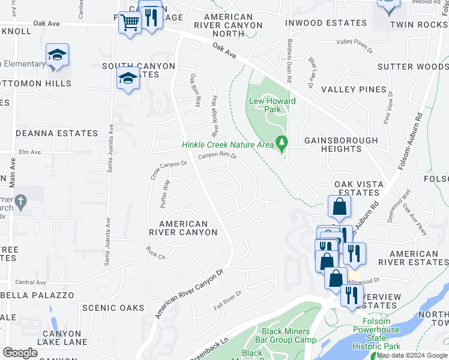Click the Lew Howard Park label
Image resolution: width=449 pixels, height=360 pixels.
(x=273, y=106)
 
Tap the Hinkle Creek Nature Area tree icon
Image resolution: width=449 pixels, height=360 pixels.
(x=280, y=143)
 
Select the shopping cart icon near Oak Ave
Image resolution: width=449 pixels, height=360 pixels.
(x=129, y=23)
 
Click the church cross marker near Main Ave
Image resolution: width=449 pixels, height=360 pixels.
(x=20, y=202)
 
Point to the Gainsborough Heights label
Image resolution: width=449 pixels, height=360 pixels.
(x=341, y=145)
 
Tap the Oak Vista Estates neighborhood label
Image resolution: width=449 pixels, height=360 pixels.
(x=357, y=188)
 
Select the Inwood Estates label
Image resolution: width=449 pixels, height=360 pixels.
(x=325, y=23)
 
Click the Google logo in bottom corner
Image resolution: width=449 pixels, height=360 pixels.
(x=20, y=352)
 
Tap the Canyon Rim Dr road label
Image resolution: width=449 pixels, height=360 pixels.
(x=217, y=156)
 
